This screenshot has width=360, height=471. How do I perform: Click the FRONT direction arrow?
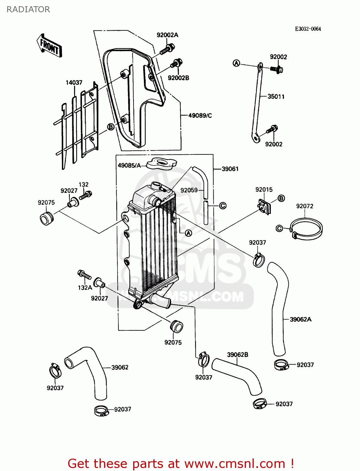click(x=49, y=46)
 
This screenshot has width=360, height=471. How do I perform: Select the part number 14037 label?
click(x=74, y=83)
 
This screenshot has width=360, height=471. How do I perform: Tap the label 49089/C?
click(x=200, y=116)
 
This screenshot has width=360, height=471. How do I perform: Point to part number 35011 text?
click(x=275, y=97)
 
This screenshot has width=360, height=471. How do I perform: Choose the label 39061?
click(x=230, y=169)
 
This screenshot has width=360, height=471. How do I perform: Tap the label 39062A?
click(x=300, y=319)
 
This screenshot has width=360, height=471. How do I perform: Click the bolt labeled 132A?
click(x=84, y=275)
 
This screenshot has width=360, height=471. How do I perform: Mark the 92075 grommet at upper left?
click(x=46, y=218)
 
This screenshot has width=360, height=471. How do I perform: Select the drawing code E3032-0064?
click(x=308, y=29)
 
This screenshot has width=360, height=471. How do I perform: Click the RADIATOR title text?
click(x=28, y=9)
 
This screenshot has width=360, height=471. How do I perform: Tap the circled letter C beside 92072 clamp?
click(x=279, y=228)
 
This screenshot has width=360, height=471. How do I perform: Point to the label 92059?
click(x=189, y=190)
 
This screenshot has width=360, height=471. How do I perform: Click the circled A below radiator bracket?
click(x=188, y=233)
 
